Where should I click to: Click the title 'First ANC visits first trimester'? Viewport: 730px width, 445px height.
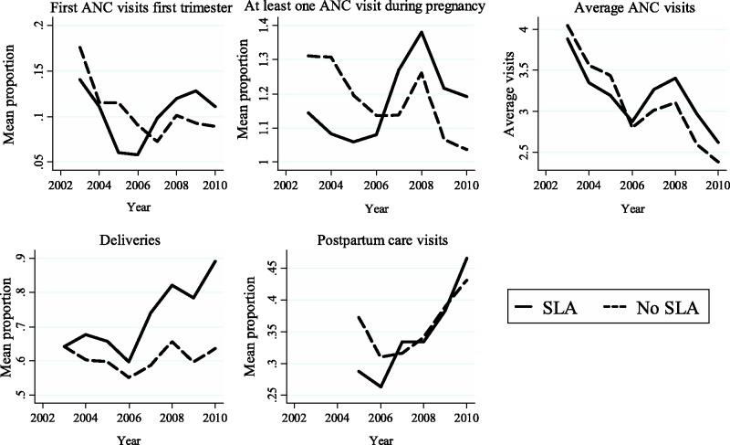121,8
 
